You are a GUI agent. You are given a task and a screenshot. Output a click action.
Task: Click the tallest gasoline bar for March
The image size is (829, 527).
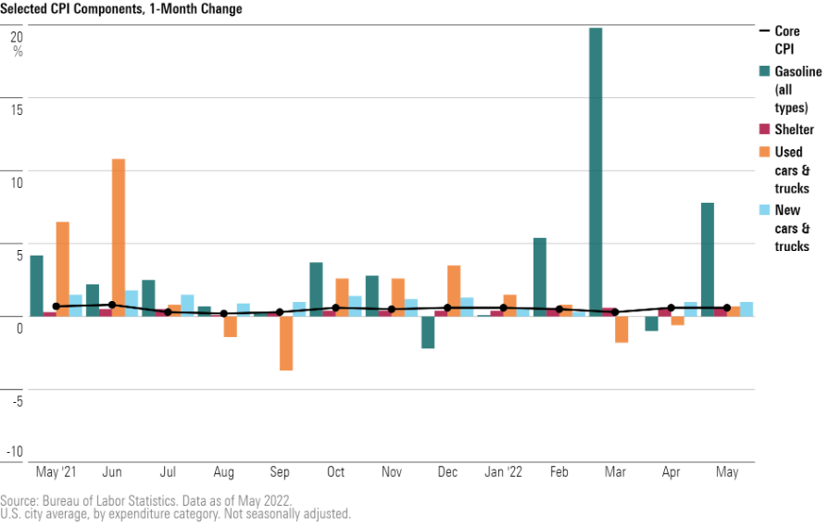pyautogui.click(x=596, y=171)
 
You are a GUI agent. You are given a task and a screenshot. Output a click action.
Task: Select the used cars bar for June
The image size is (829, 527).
pyautogui.click(x=119, y=237)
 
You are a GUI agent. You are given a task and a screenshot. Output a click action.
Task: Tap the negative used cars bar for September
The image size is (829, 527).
pyautogui.click(x=286, y=343)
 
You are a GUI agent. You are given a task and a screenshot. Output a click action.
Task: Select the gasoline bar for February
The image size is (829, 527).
pyautogui.click(x=540, y=276)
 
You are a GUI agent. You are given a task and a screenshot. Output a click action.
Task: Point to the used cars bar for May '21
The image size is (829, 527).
pyautogui.click(x=63, y=269)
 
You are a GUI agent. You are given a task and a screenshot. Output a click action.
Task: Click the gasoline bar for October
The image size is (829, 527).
pyautogui.click(x=316, y=289)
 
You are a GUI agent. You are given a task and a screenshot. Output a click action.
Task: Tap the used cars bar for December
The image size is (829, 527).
pyautogui.click(x=454, y=290)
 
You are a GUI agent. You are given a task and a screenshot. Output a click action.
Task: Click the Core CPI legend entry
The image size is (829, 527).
pyautogui.click(x=786, y=39)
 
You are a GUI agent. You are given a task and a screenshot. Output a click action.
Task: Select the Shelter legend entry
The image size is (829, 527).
pyautogui.click(x=794, y=130)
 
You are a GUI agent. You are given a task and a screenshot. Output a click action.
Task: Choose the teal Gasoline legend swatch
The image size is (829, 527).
pyautogui.click(x=765, y=70)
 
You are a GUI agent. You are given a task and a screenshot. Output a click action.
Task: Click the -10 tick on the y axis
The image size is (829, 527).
pyautogui.click(x=15, y=452)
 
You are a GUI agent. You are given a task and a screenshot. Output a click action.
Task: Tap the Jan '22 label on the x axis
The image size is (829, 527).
pyautogui.click(x=504, y=472)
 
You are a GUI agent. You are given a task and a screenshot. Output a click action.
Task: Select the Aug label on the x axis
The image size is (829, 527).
pyautogui.click(x=224, y=472)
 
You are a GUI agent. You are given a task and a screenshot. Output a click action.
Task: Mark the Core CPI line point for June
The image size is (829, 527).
pyautogui.click(x=112, y=305)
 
